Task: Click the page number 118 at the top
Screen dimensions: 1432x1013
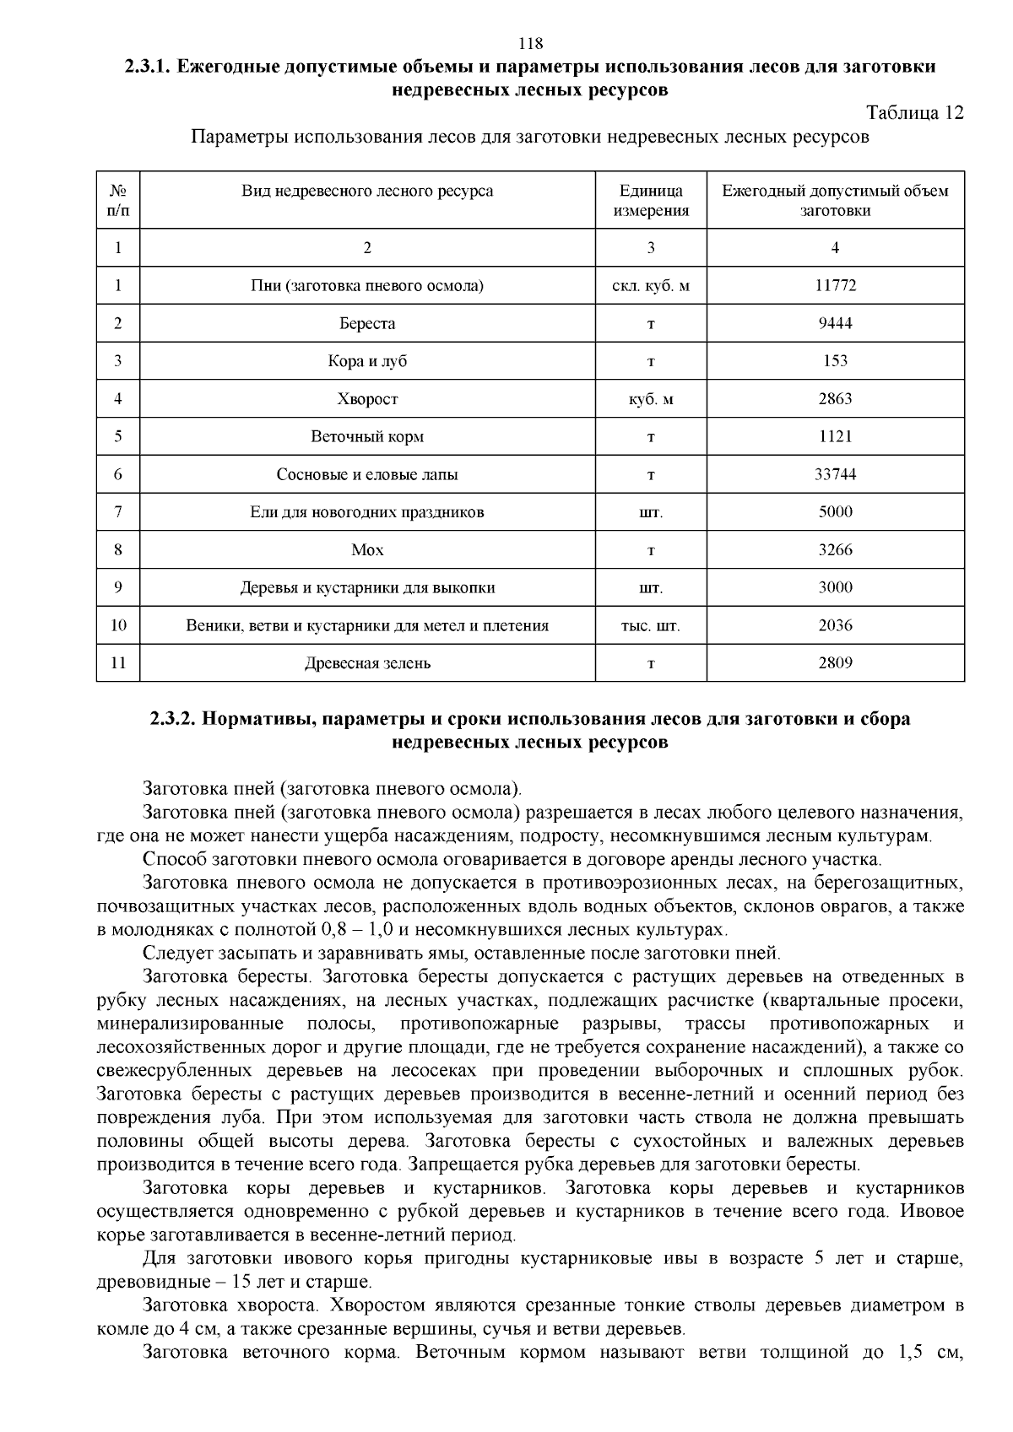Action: [530, 44]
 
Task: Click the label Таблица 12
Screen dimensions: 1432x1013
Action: [915, 113]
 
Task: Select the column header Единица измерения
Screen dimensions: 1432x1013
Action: [651, 201]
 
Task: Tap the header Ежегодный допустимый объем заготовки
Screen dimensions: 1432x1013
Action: [835, 201]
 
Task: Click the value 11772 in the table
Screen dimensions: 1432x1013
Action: [835, 286]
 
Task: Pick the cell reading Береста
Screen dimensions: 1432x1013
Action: [367, 324]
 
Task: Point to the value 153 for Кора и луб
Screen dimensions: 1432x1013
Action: [835, 361]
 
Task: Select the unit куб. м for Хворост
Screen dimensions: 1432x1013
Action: [651, 400]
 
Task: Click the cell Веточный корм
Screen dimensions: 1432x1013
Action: [367, 437]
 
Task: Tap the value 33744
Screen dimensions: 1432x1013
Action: [835, 474]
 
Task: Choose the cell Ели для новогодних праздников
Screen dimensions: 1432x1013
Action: [367, 512]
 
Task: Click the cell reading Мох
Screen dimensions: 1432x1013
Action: [367, 550]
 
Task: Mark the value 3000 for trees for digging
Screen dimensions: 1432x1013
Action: [835, 587]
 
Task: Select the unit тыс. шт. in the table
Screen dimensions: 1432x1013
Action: [651, 626]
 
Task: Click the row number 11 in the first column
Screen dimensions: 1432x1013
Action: [118, 663]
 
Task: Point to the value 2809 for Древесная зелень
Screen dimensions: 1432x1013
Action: [835, 662]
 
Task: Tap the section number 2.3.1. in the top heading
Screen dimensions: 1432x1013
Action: [149, 68]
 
